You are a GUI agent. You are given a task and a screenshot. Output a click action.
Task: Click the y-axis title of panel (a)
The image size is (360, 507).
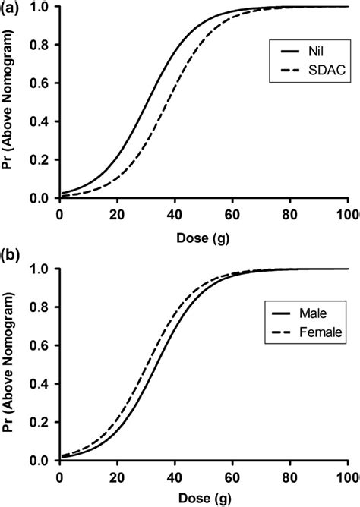[12, 102]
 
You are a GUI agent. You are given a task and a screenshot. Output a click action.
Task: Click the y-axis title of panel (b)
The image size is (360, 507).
[12, 365]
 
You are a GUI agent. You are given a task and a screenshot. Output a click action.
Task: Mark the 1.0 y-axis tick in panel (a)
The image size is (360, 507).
[43, 7]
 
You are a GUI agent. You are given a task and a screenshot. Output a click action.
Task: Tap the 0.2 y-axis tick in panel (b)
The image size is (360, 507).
[43, 423]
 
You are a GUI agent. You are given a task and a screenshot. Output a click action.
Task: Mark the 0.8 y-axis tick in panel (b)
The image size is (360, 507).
[43, 307]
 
